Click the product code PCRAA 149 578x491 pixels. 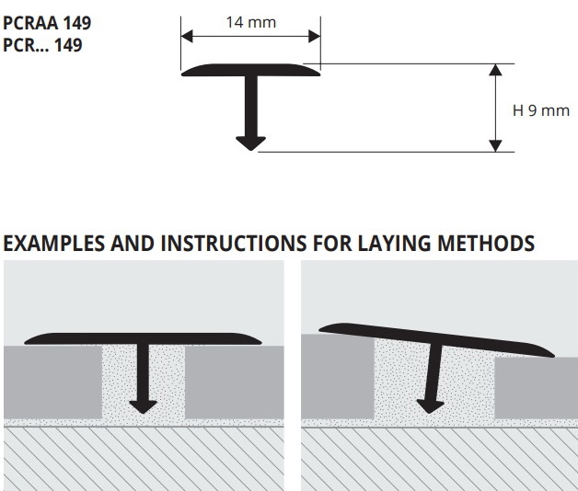[47, 23]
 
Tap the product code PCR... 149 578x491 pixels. [42, 45]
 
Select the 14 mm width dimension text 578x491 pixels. [251, 22]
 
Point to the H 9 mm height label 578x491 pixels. [541, 110]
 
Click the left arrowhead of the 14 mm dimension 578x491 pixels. [187, 37]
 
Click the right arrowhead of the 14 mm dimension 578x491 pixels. [315, 37]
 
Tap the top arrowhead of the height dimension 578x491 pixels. [496, 70]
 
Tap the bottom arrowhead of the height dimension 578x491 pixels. [496, 146]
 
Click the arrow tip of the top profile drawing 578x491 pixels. [250, 150]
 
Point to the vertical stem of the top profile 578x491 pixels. [250, 107]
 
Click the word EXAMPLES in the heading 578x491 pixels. [53, 244]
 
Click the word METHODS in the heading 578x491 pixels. [486, 244]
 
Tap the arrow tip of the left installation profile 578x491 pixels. [144, 413]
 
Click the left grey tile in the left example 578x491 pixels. [52, 382]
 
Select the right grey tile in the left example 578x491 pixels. [234, 382]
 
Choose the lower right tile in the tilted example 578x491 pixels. [536, 387]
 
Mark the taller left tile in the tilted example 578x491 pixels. [338, 376]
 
